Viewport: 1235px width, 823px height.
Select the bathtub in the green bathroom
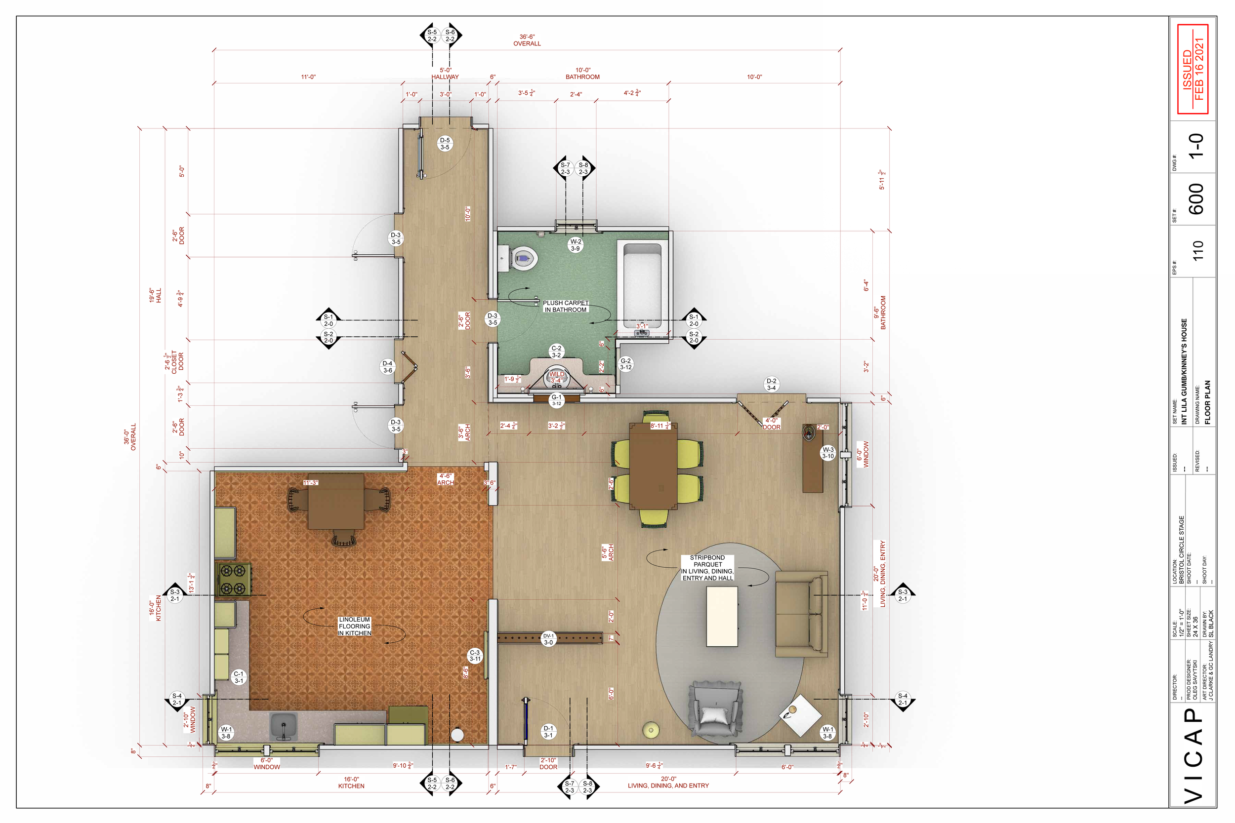[x=642, y=286]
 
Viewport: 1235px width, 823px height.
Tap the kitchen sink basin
[x=284, y=726]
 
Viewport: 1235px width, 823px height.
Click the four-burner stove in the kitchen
[x=233, y=579]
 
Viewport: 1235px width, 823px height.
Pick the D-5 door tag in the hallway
[x=445, y=143]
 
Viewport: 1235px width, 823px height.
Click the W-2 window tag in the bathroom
[x=576, y=245]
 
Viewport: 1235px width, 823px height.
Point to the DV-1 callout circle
[x=548, y=639]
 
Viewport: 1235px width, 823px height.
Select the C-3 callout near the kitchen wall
[x=475, y=656]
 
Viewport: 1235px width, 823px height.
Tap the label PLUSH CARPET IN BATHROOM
[x=566, y=307]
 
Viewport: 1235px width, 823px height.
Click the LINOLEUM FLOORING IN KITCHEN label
[x=354, y=626]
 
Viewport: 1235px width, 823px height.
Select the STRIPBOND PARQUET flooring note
[x=707, y=568]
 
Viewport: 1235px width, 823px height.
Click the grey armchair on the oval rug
[x=715, y=710]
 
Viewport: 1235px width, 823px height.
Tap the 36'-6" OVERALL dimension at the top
[x=527, y=40]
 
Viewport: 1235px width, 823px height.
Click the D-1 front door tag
[x=548, y=732]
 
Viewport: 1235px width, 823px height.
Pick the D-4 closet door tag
[x=387, y=367]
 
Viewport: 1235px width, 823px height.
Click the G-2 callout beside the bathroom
[x=625, y=364]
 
